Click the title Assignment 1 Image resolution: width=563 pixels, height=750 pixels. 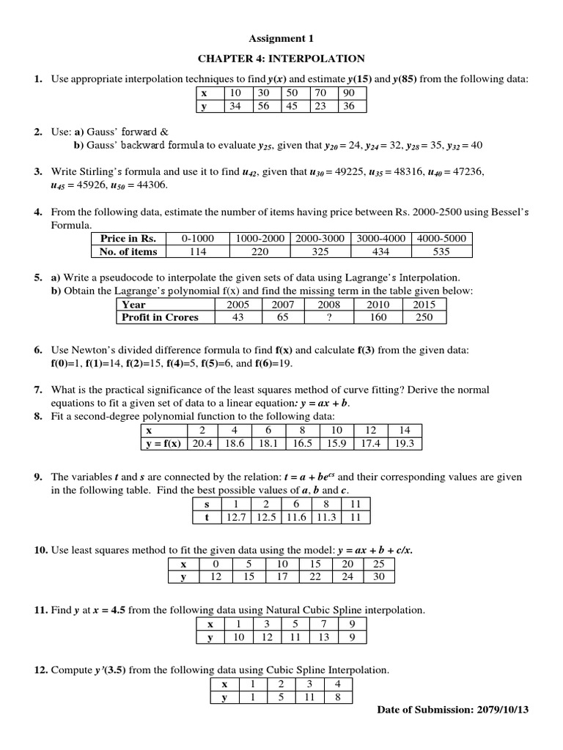(x=281, y=38)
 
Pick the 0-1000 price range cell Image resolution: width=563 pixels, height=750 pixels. (x=197, y=239)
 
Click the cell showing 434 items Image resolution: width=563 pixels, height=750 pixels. (x=381, y=252)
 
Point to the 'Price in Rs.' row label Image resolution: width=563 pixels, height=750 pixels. (x=128, y=239)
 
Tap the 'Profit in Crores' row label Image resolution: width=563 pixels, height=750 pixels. (x=157, y=318)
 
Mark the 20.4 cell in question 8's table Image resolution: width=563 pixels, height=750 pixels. (x=202, y=444)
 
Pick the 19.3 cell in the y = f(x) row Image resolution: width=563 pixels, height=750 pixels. (x=405, y=444)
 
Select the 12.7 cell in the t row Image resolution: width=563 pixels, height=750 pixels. (x=235, y=517)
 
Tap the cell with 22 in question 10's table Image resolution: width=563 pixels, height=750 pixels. (x=315, y=577)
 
